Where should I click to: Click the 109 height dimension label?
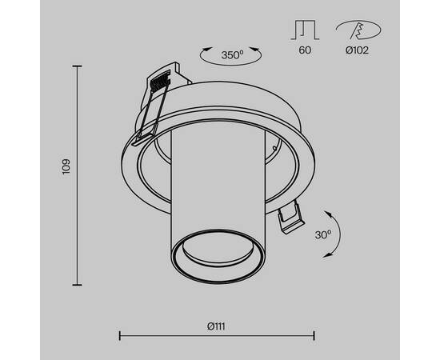(x=66, y=166)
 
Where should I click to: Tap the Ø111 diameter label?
(x=216, y=326)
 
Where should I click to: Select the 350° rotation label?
(x=232, y=55)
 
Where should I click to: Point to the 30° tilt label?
(x=323, y=235)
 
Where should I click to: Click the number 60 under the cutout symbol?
(x=305, y=50)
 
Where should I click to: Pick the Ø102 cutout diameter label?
(x=357, y=50)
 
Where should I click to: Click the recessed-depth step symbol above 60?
(x=305, y=30)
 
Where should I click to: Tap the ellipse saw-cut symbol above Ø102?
(x=358, y=30)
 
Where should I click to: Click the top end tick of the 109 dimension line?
(x=77, y=66)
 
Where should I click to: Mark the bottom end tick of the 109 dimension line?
(x=77, y=285)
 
